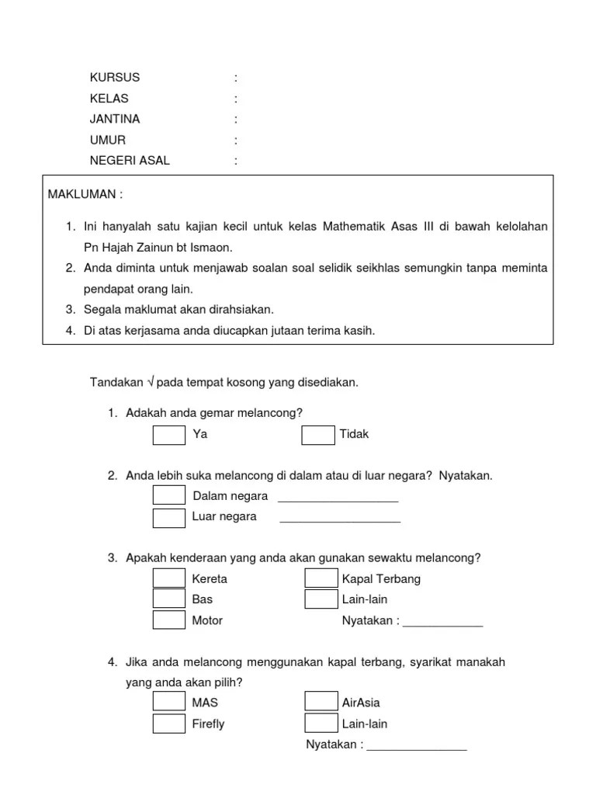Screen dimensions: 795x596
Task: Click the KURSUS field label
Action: tap(115, 78)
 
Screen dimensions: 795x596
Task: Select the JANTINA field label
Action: tap(115, 120)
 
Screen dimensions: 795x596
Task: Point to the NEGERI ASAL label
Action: tap(130, 161)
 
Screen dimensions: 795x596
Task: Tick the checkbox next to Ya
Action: tap(168, 435)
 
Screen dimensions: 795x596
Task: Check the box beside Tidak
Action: tap(317, 435)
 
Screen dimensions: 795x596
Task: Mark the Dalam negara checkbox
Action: tap(168, 496)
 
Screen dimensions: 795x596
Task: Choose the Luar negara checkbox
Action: tap(168, 517)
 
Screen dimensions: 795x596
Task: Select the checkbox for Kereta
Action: tap(168, 578)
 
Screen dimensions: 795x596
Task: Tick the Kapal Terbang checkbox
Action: tap(321, 578)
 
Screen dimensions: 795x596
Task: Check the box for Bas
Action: tap(168, 599)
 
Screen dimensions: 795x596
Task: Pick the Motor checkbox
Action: tap(168, 620)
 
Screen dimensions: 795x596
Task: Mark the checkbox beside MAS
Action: tap(168, 702)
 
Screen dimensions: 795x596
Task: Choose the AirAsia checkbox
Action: tap(321, 702)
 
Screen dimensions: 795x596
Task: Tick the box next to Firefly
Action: tap(168, 724)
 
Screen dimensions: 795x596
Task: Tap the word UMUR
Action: tap(107, 141)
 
